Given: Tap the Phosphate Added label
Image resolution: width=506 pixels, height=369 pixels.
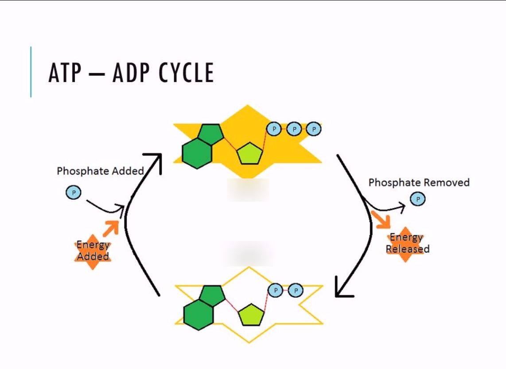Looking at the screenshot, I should pyautogui.click(x=101, y=171).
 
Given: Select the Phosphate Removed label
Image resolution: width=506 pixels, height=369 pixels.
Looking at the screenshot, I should pyautogui.click(x=419, y=183).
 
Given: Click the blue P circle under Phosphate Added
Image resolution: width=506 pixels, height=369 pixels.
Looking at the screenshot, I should pyautogui.click(x=74, y=193).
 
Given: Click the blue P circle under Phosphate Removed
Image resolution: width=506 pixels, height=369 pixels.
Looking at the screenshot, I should pyautogui.click(x=417, y=199).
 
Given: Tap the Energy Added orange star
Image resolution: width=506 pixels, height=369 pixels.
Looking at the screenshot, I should pyautogui.click(x=93, y=251).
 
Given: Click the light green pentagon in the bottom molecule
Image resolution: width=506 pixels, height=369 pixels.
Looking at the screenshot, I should pyautogui.click(x=251, y=315).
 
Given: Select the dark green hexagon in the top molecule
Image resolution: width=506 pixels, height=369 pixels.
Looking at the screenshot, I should pyautogui.click(x=197, y=153).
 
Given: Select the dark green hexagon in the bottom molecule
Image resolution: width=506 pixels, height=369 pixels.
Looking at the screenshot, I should pyautogui.click(x=199, y=315).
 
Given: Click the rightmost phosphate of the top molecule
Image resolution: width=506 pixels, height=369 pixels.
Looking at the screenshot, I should pyautogui.click(x=314, y=129).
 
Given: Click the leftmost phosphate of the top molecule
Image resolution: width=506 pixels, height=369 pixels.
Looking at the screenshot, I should pyautogui.click(x=274, y=129).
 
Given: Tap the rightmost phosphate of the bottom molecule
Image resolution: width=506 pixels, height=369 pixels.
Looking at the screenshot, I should pyautogui.click(x=296, y=291).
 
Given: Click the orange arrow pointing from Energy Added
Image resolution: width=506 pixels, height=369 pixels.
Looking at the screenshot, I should pyautogui.click(x=111, y=228).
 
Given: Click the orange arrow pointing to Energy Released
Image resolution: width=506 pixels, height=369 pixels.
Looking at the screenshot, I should pyautogui.click(x=381, y=220).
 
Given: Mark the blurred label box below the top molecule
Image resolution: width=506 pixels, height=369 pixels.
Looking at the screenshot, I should pyautogui.click(x=248, y=190).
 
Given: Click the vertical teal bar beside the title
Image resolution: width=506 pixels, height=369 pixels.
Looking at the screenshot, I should pyautogui.click(x=31, y=72).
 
